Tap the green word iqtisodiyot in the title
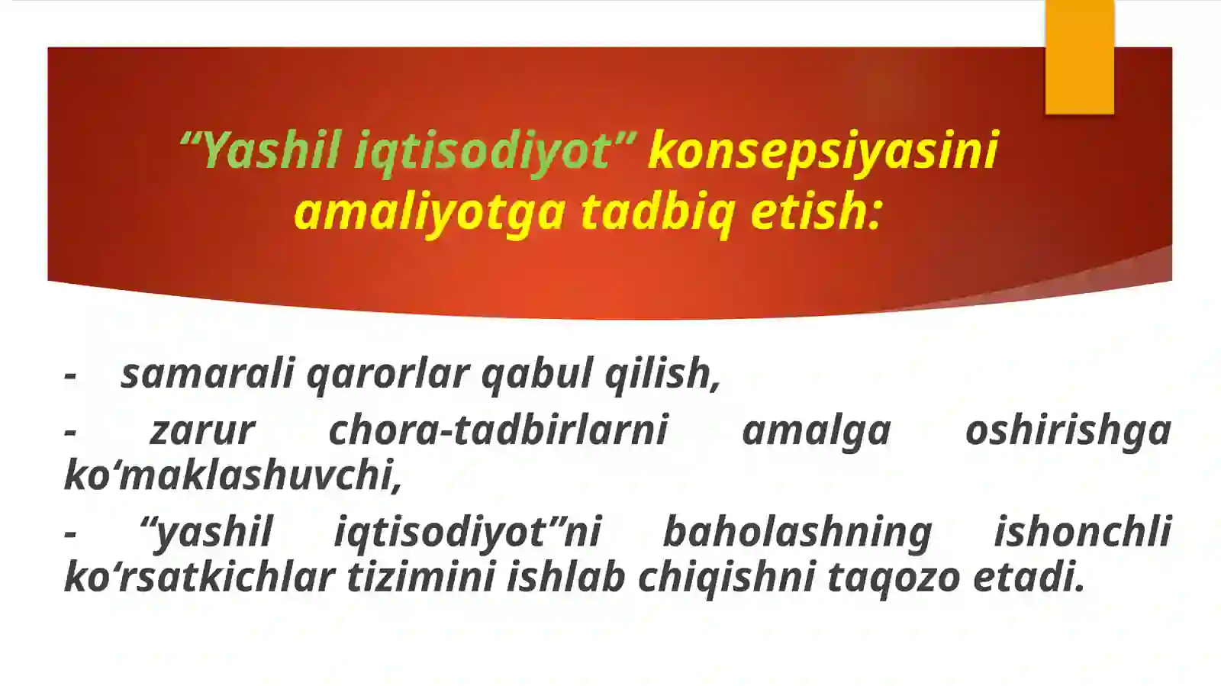(484, 150)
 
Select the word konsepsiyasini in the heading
(823, 150)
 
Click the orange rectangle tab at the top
(1079, 57)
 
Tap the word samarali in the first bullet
(208, 374)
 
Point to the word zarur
(201, 430)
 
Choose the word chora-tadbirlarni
(498, 430)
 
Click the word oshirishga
(1068, 430)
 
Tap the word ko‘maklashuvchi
(232, 475)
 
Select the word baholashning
(797, 532)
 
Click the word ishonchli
(1081, 532)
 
